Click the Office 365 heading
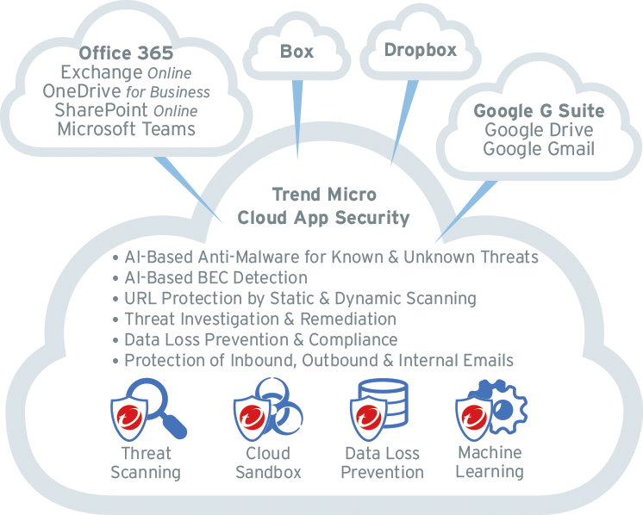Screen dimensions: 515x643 point(126,53)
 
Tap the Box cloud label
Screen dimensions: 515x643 point(297,51)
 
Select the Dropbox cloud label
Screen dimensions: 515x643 point(420,49)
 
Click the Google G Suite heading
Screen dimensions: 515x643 point(539,111)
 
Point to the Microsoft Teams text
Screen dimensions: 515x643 point(126,129)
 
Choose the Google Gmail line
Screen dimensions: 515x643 point(539,149)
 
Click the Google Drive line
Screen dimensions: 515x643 point(539,130)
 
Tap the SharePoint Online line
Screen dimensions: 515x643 point(126,110)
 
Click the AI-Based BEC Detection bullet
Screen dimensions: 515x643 point(215,278)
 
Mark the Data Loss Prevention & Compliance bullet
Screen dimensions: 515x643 point(260,339)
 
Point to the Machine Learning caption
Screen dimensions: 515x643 point(490,462)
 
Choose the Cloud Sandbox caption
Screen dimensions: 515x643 point(268,462)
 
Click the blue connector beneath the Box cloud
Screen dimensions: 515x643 point(297,121)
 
